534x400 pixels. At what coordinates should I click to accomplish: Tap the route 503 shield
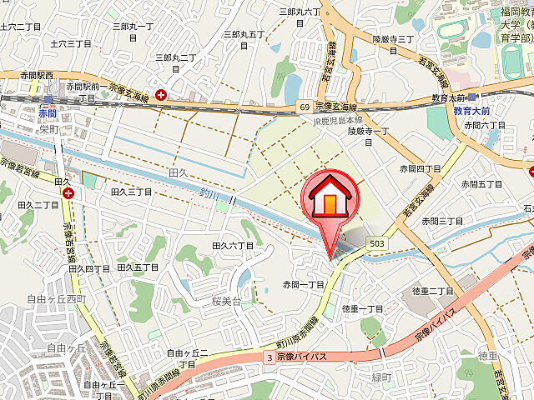click(377, 242)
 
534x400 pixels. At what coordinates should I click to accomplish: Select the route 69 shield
click(306, 107)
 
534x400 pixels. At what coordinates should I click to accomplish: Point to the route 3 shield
click(269, 357)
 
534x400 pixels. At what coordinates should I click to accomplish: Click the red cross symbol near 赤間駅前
click(160, 94)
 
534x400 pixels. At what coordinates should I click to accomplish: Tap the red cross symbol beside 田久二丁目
click(68, 193)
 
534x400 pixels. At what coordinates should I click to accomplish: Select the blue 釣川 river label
click(209, 194)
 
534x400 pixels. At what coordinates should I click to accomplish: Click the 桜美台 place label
click(225, 301)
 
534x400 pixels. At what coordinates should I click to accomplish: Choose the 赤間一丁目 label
click(303, 284)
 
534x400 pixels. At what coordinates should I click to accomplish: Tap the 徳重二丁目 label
click(432, 291)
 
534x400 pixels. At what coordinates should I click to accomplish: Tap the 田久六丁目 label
click(232, 246)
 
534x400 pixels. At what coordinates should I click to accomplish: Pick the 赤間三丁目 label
click(441, 221)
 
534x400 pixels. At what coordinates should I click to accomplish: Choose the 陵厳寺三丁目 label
click(392, 39)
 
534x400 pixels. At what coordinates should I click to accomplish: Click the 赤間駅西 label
click(37, 76)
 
